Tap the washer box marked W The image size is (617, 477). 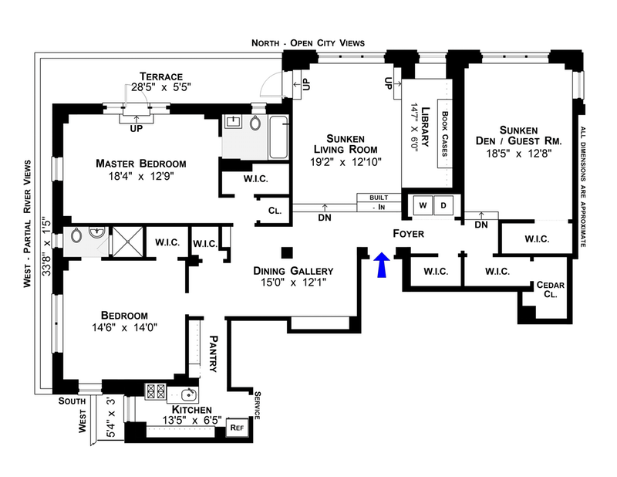tap(423, 206)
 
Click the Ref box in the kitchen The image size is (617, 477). tap(238, 428)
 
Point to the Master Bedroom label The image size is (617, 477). tap(141, 164)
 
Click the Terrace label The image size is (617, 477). tap(160, 76)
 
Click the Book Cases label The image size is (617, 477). tap(445, 134)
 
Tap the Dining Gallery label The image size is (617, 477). tap(294, 271)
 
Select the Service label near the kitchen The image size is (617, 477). tap(258, 404)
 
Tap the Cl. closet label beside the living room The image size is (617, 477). tap(276, 210)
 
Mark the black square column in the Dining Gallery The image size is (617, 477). tap(287, 252)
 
